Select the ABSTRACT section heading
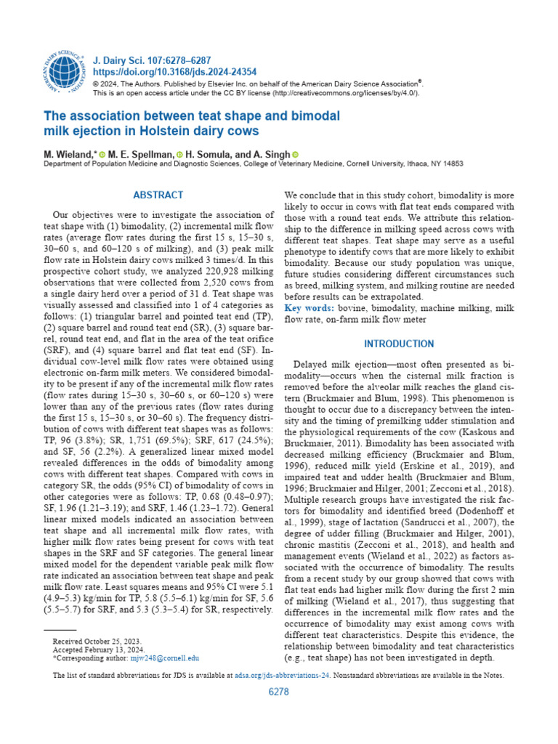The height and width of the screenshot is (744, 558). [158, 195]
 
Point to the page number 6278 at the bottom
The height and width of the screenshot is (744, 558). [279, 692]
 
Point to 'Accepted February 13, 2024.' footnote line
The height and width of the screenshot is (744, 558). [98, 650]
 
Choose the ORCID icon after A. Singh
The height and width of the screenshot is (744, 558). [295, 155]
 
